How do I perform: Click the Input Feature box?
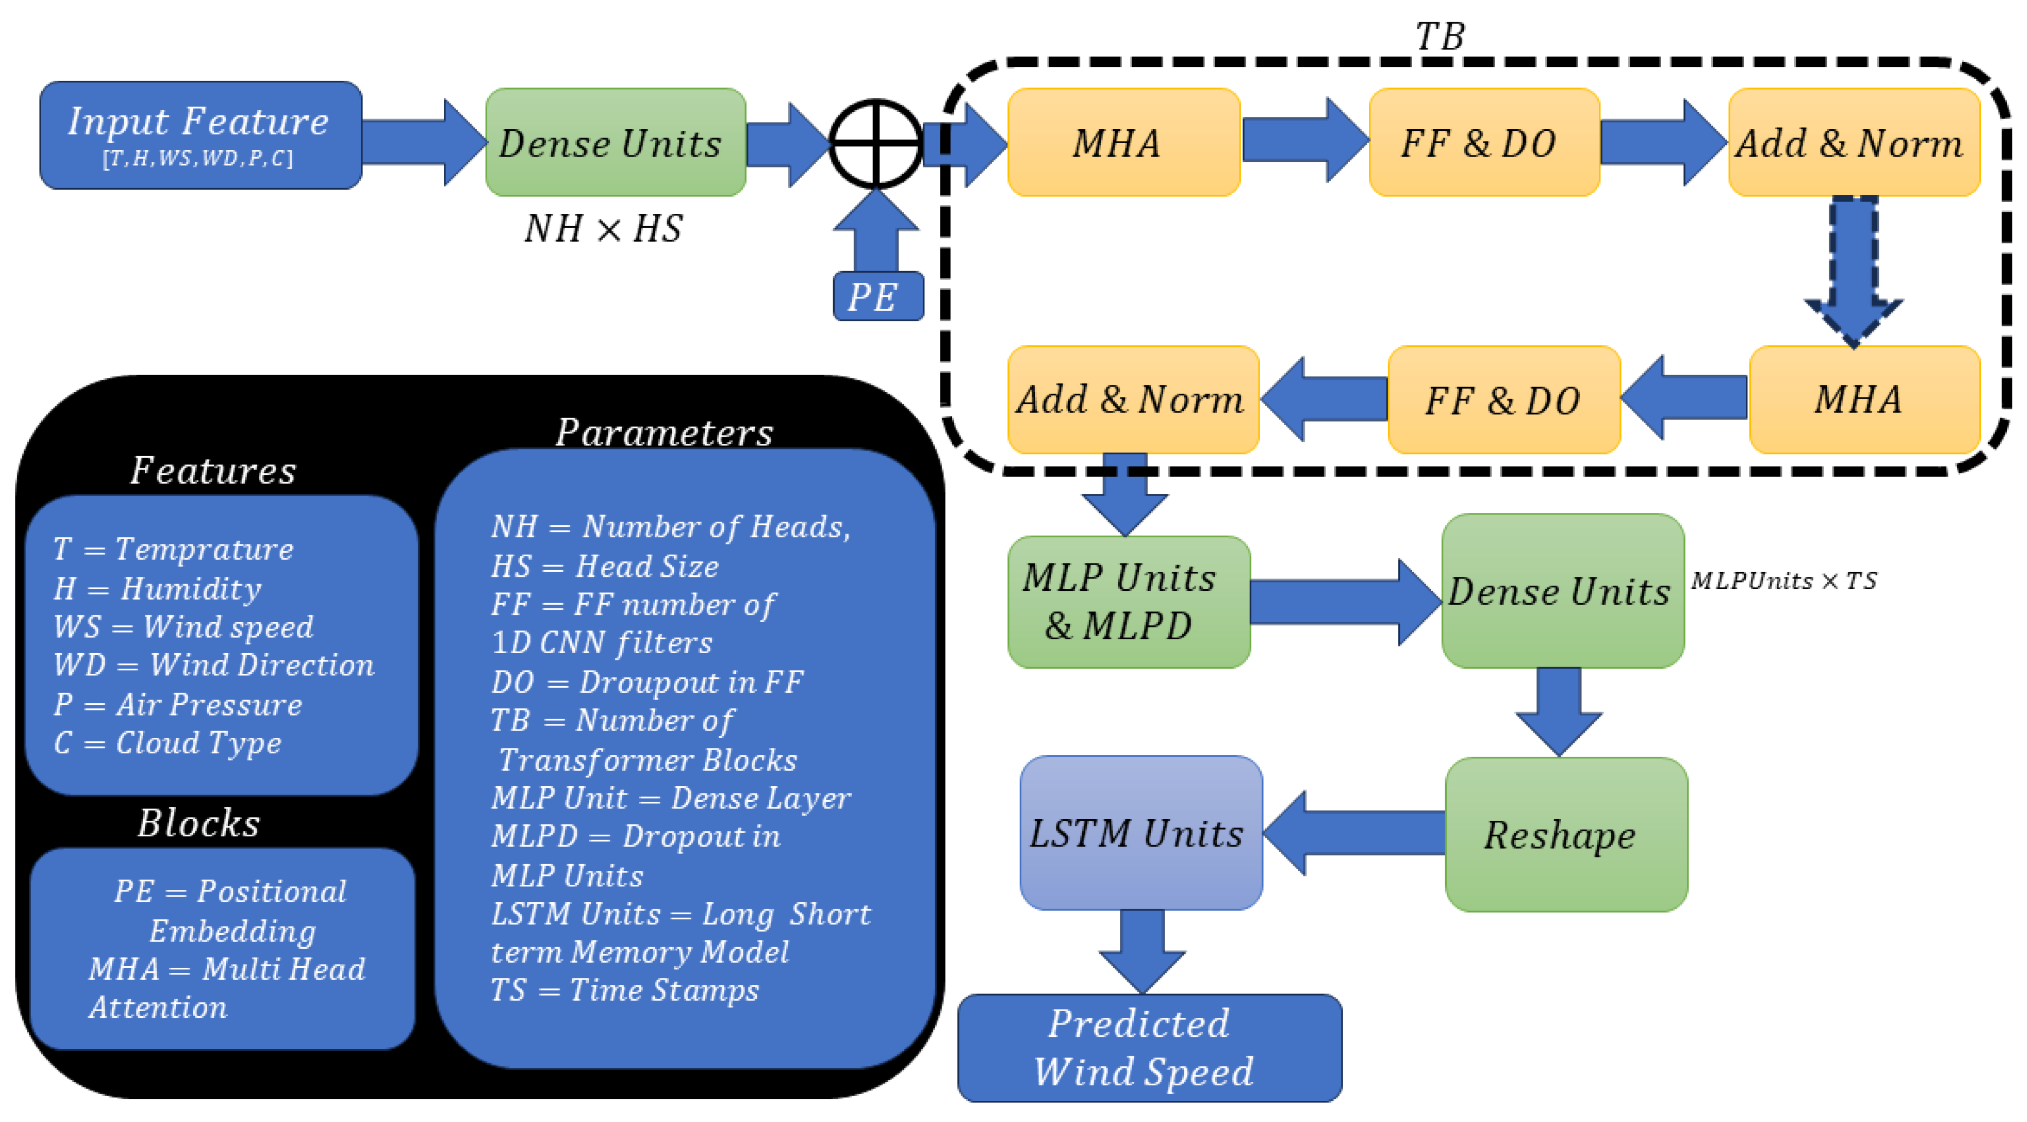point(200,135)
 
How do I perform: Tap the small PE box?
point(878,297)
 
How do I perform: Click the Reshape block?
point(1565,834)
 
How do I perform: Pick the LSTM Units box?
point(1140,832)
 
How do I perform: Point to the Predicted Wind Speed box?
point(1149,1047)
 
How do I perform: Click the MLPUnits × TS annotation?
point(1783,581)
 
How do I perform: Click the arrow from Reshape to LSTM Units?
point(1353,832)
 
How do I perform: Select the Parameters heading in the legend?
point(664,432)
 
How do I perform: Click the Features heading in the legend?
point(213,471)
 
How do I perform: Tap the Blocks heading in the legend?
point(198,823)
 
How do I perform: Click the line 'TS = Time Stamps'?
point(624,990)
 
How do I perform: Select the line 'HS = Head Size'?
point(604,566)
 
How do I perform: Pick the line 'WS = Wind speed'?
point(183,626)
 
